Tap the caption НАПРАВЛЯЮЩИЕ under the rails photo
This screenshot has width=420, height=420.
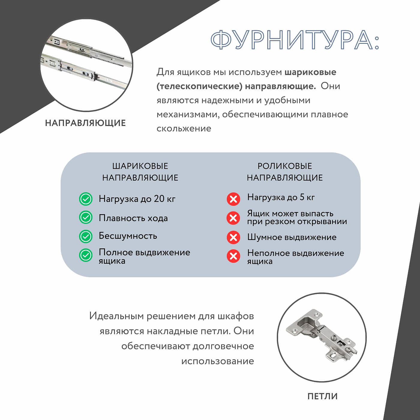(85, 123)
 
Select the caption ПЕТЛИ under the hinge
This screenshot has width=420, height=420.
(322, 396)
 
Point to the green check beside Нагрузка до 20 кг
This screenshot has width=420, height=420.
(85, 199)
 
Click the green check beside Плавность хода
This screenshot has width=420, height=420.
(85, 217)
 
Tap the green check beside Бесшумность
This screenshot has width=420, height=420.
(85, 236)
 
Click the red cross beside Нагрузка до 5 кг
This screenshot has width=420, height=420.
(233, 199)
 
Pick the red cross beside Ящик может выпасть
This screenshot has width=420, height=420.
(233, 218)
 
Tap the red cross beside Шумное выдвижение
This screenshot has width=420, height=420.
(233, 237)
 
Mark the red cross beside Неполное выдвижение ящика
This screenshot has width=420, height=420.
(233, 256)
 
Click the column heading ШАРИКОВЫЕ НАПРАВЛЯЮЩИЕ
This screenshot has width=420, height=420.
(140, 172)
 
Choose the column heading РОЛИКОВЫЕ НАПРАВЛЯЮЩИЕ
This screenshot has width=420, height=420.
(285, 172)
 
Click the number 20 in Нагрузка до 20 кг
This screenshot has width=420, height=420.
(159, 199)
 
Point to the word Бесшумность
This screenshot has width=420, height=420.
(128, 236)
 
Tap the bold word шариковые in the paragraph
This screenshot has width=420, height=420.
(310, 72)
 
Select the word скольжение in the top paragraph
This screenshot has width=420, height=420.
(184, 128)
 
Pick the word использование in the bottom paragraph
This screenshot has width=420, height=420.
(217, 361)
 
